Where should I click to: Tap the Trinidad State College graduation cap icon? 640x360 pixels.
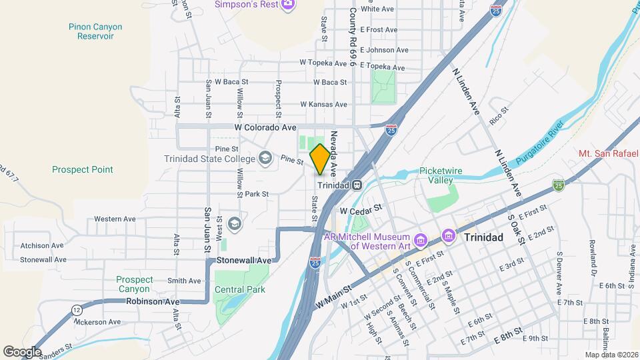click(265, 158)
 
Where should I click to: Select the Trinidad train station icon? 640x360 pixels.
click(357, 185)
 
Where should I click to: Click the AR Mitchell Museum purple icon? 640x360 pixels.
click(420, 239)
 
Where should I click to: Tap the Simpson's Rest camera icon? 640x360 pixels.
click(288, 5)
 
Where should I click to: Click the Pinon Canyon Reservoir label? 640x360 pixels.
click(95, 31)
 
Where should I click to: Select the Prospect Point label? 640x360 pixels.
click(83, 169)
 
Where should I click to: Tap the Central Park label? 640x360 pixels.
click(239, 289)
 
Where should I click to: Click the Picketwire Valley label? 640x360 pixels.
click(445, 175)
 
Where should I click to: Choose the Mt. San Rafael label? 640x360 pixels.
click(608, 154)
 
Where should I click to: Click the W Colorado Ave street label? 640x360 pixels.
click(265, 127)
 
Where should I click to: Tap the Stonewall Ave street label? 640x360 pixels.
click(245, 259)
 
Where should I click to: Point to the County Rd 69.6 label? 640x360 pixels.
click(353, 37)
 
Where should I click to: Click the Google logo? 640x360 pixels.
click(22, 351)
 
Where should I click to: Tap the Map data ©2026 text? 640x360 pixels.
click(611, 354)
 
